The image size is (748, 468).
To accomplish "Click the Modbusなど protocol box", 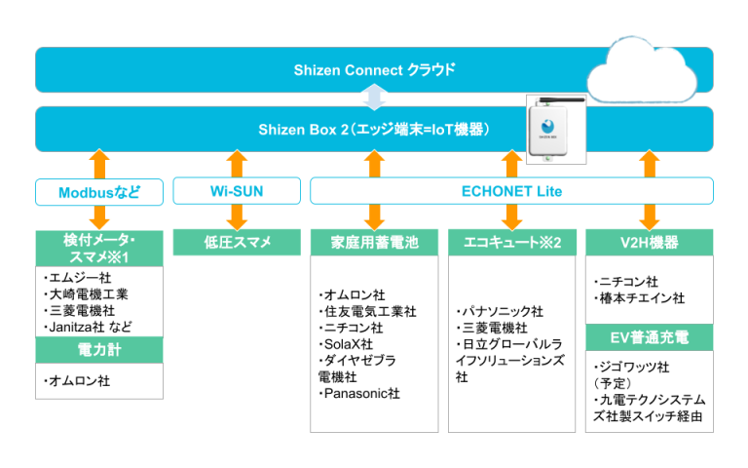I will pos(97,192).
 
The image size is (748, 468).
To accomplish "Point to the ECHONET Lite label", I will pos(510,191).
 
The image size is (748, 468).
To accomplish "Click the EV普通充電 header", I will pos(649,338).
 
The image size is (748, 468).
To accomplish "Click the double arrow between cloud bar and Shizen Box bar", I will pos(374,97).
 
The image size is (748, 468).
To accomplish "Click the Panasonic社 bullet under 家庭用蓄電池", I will pos(359,394).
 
